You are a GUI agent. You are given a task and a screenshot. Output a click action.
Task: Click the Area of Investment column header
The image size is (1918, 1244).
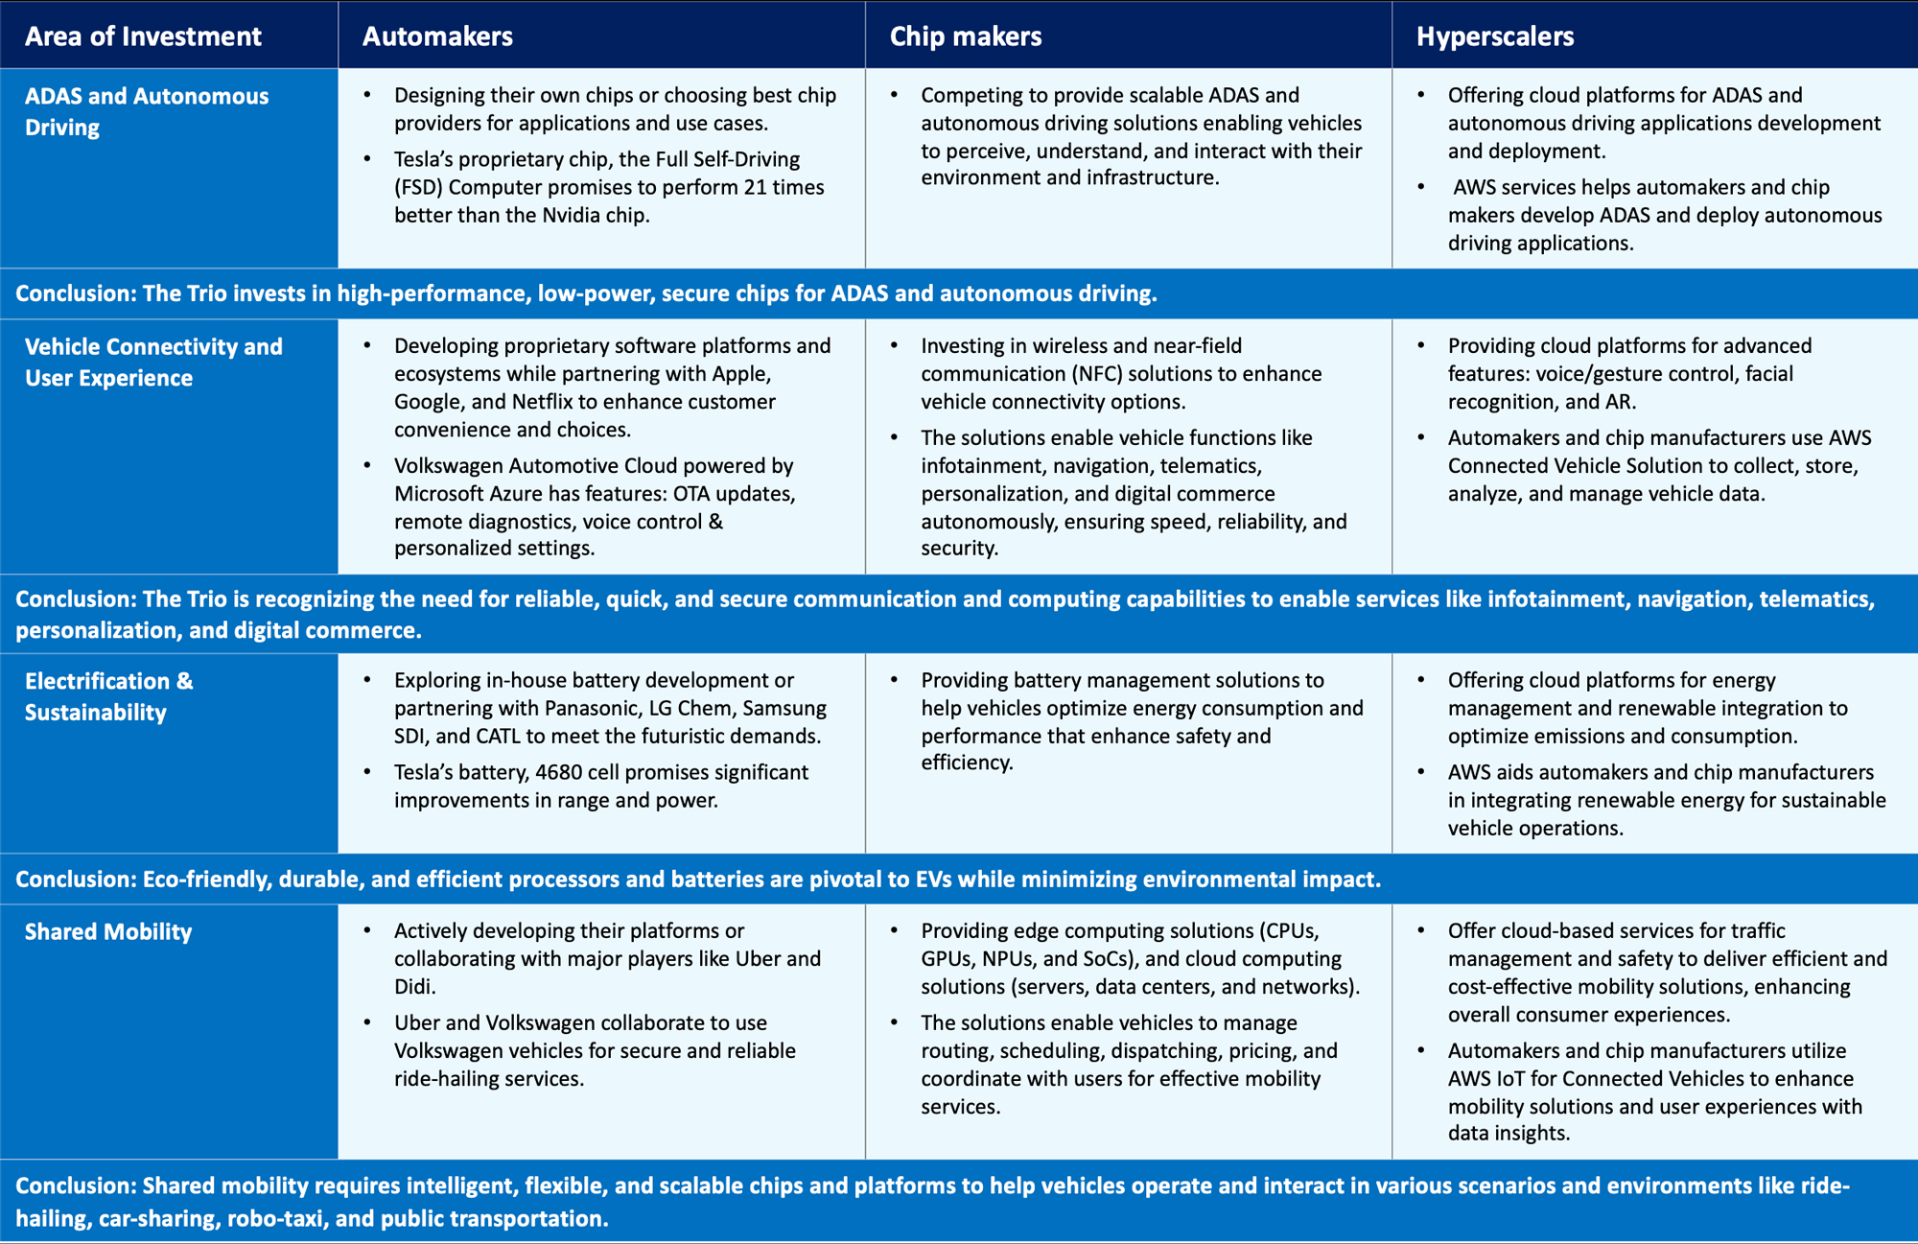pyautogui.click(x=143, y=36)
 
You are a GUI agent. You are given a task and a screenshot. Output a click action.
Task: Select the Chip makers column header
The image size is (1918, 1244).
pyautogui.click(x=965, y=36)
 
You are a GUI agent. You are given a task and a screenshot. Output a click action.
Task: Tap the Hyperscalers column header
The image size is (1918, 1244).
pyautogui.click(x=1494, y=36)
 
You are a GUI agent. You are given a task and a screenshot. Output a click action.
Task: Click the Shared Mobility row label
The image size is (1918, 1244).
pyautogui.click(x=108, y=931)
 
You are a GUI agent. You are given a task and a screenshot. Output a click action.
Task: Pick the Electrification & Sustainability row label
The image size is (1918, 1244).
pyautogui.click(x=108, y=696)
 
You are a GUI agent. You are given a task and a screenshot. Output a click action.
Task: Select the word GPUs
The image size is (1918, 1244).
pyautogui.click(x=948, y=958)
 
